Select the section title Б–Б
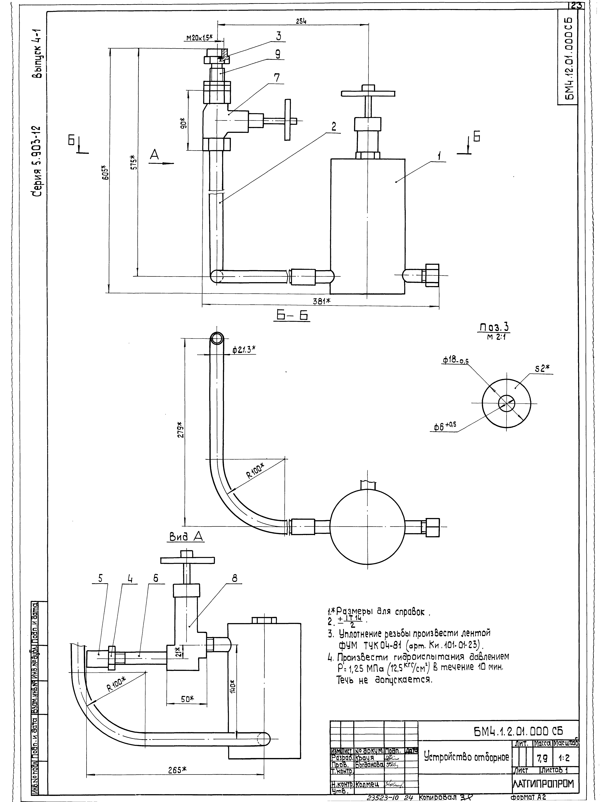point(292,316)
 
